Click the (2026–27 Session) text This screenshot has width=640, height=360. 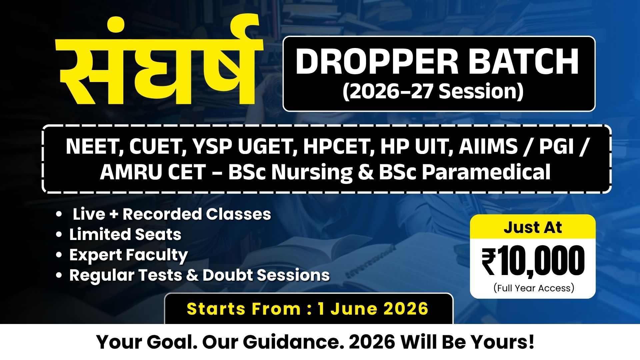[x=433, y=91]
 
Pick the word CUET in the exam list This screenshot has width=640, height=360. [x=157, y=146]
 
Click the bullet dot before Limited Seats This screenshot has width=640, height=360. [x=59, y=235]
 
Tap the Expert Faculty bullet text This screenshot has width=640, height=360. [x=128, y=255]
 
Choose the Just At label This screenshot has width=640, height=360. [x=532, y=227]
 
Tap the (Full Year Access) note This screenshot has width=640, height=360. [x=534, y=288]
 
